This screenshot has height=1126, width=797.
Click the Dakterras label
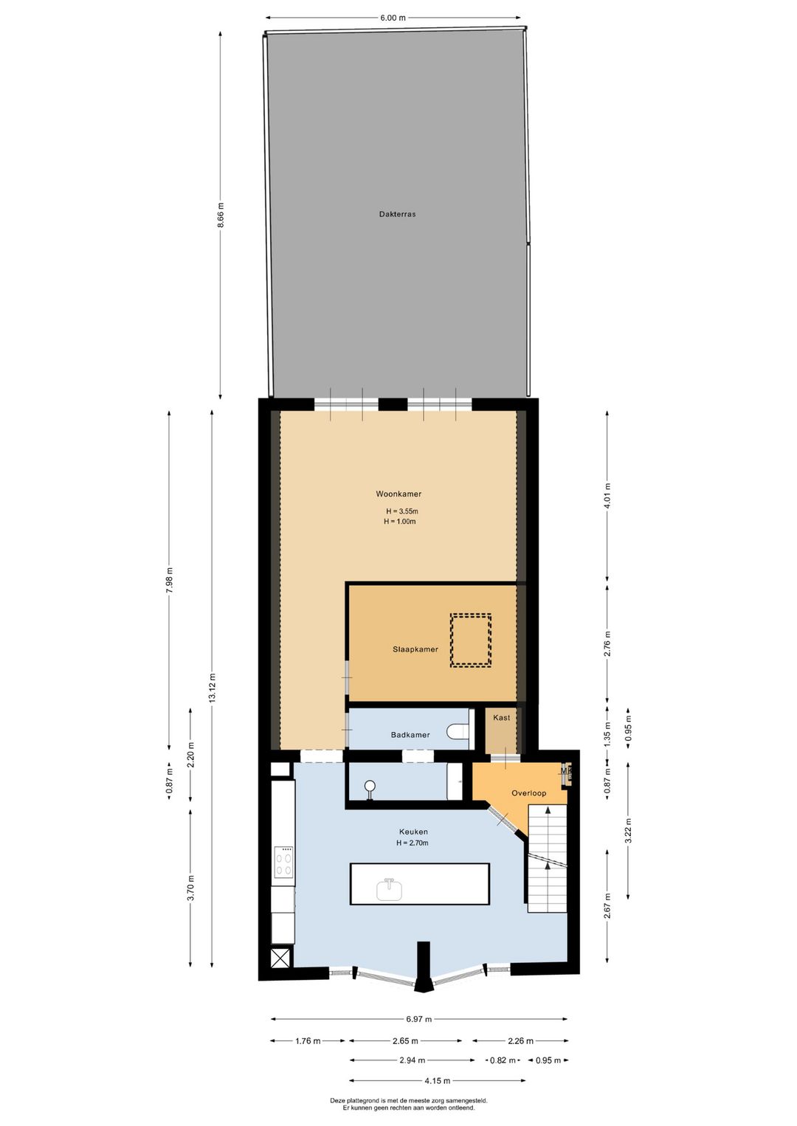(x=397, y=214)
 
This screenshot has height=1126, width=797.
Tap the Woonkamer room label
(x=398, y=494)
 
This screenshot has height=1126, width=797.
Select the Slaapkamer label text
(x=415, y=649)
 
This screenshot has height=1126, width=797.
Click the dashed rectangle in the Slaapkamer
(x=471, y=640)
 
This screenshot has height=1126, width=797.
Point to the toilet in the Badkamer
(x=458, y=732)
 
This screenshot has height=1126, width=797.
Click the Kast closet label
(x=501, y=717)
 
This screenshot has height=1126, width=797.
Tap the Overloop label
(x=528, y=793)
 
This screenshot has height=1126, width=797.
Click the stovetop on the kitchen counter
(x=283, y=862)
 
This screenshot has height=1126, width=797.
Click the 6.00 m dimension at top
(x=393, y=18)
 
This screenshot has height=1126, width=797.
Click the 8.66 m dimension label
(x=221, y=215)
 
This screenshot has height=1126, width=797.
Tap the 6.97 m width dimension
(x=418, y=1019)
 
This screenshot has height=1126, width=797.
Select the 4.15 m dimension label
(x=437, y=1081)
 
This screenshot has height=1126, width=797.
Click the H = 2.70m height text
(x=412, y=843)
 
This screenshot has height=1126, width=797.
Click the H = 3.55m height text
(x=401, y=511)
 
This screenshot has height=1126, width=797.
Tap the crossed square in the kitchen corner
(x=280, y=958)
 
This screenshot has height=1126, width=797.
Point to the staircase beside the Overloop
(x=547, y=856)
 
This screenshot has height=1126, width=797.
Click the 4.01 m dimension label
(x=608, y=496)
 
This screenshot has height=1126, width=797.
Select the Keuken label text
(x=413, y=832)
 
